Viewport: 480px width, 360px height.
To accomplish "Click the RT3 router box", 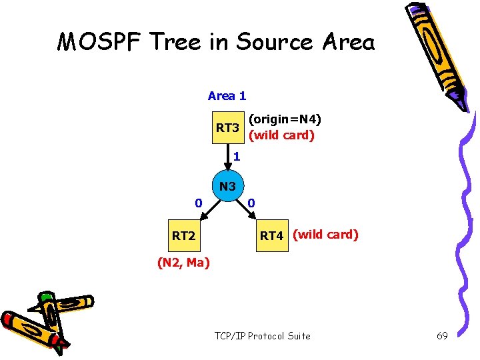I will (x=227, y=127).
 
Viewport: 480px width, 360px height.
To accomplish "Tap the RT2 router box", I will (x=184, y=235).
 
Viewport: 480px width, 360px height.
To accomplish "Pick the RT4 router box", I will (x=271, y=235).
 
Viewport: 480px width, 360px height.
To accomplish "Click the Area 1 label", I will (x=227, y=96).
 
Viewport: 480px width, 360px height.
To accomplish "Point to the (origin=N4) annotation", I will (x=285, y=120).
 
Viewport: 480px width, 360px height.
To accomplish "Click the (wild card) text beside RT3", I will (x=281, y=135).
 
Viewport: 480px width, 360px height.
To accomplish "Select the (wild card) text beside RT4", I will (x=325, y=235).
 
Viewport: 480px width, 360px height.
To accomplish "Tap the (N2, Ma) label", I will (x=183, y=263).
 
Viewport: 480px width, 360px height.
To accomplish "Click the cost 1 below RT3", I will (x=237, y=158).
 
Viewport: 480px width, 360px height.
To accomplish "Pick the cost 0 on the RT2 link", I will (x=198, y=202).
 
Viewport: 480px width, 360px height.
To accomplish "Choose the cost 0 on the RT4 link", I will (x=251, y=202).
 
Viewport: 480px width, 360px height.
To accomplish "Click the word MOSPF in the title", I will (x=100, y=42).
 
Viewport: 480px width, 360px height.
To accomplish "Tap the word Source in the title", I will (x=272, y=42).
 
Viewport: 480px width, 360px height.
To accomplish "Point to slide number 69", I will (x=441, y=335).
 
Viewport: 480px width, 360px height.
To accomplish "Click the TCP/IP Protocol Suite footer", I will (x=262, y=335).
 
